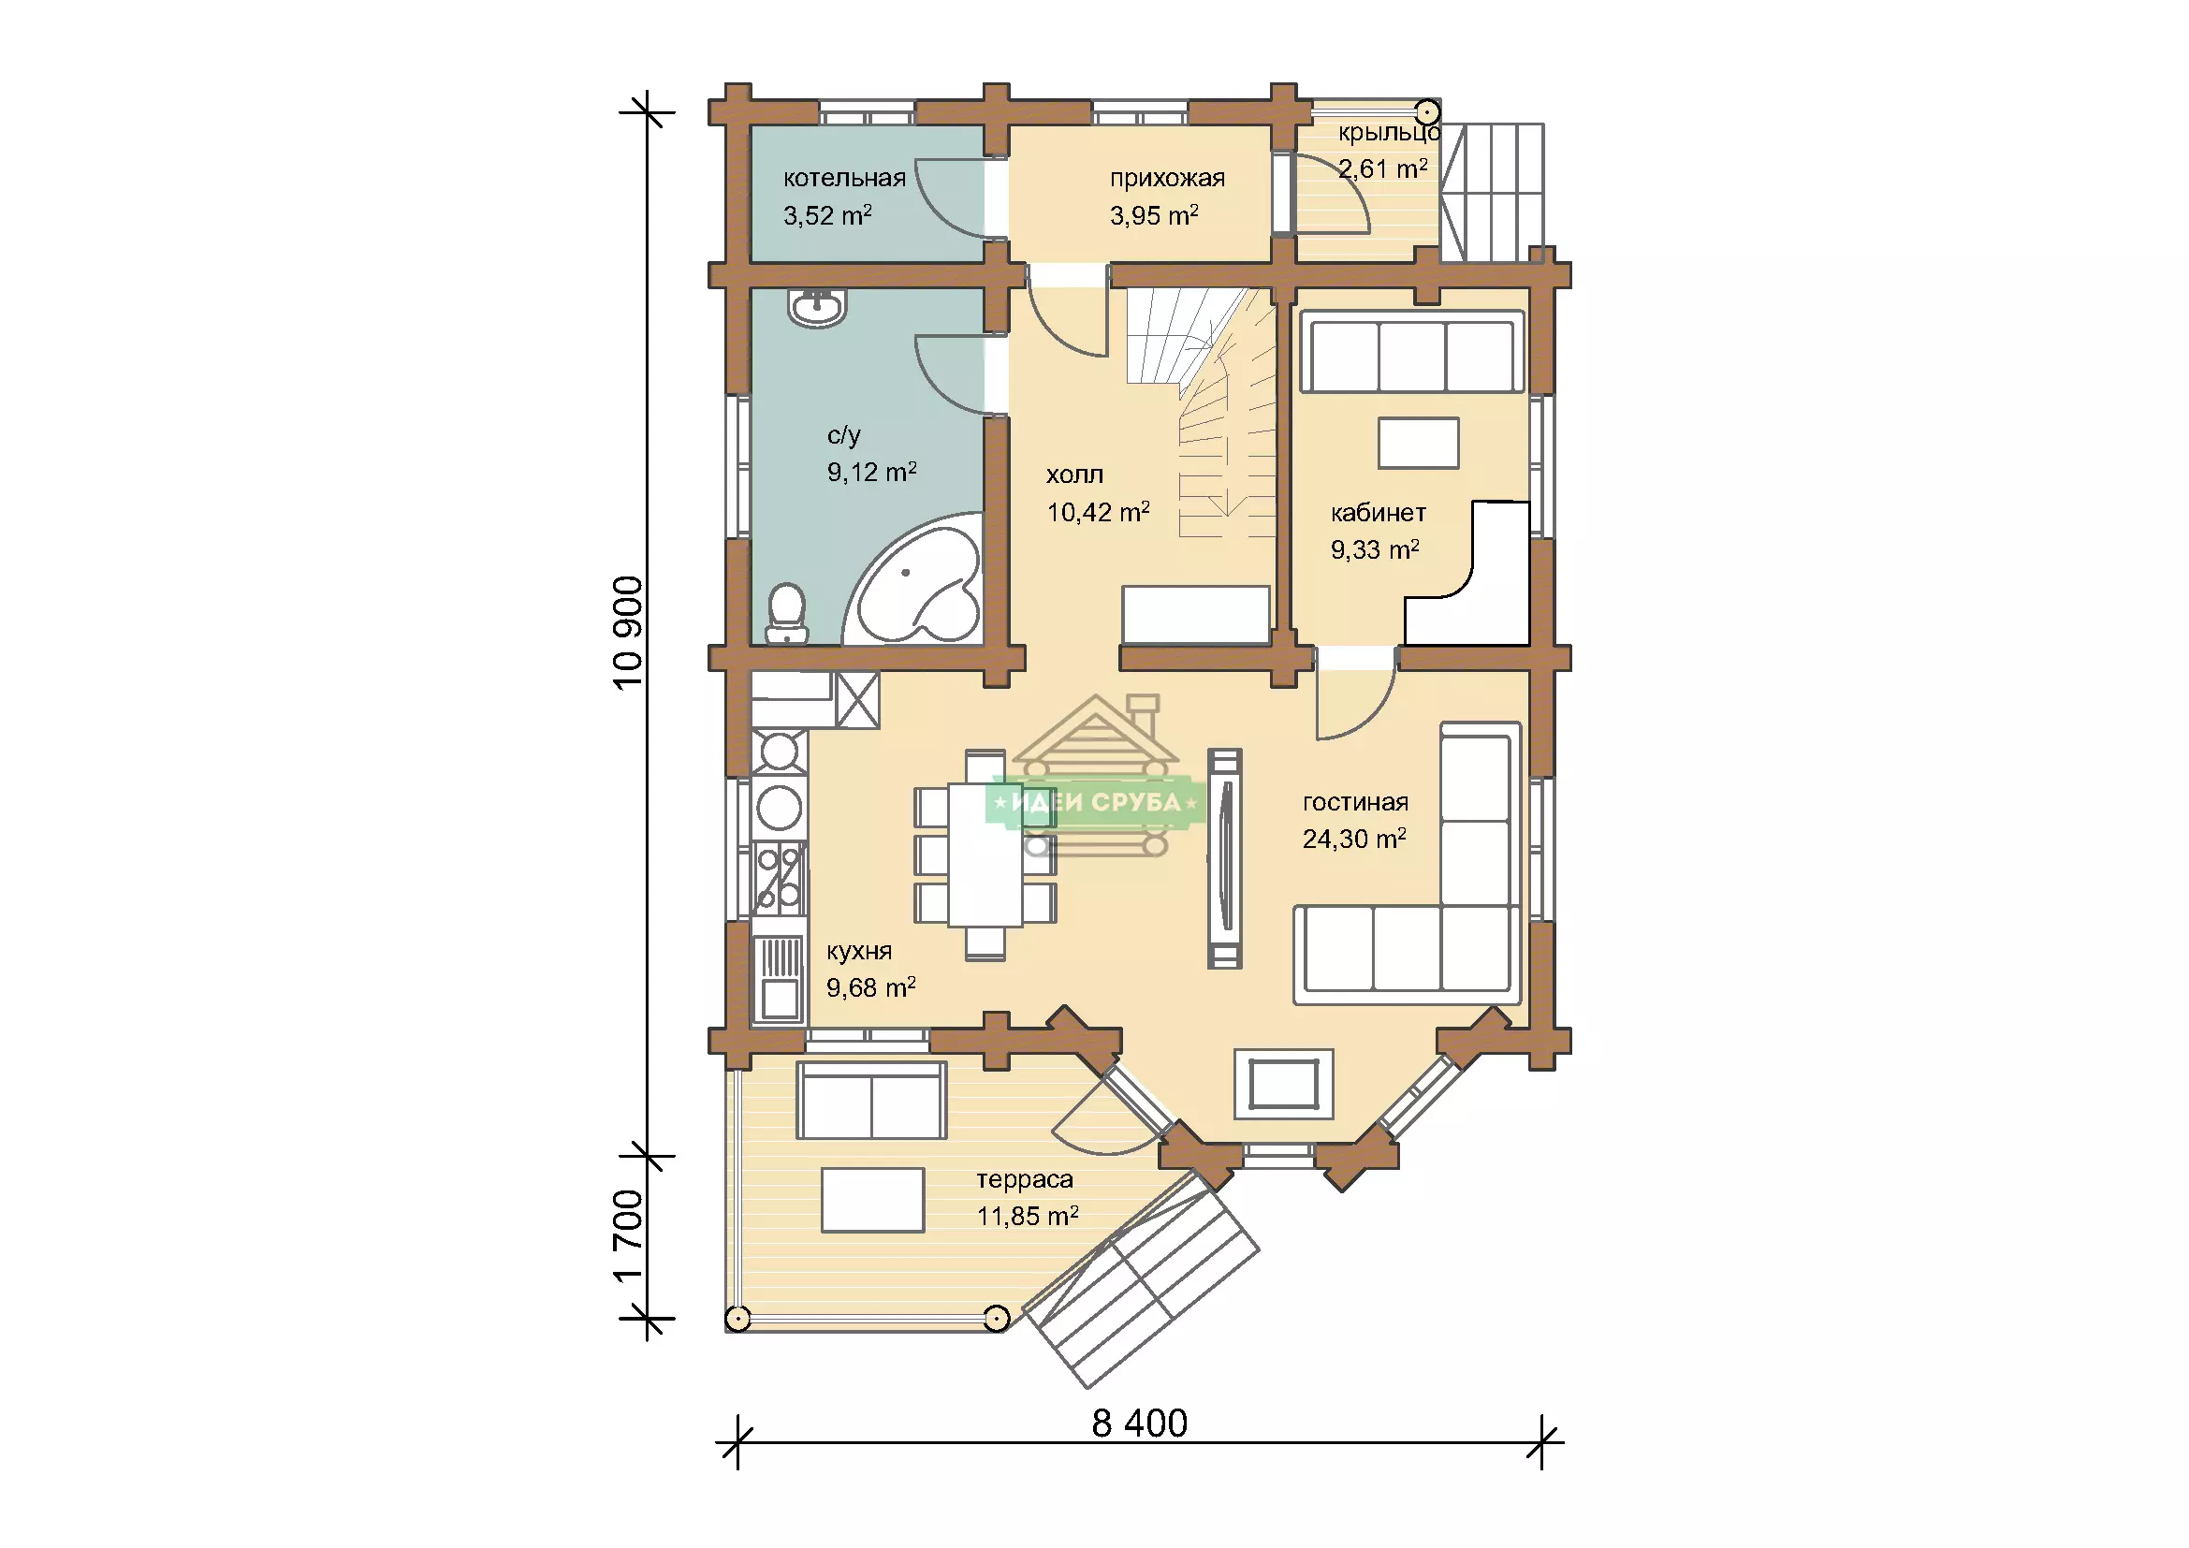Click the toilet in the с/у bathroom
click(787, 612)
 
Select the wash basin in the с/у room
click(817, 308)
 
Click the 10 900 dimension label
click(628, 633)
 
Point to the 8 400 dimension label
click(1139, 1424)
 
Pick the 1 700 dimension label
click(628, 1236)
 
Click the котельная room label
click(844, 178)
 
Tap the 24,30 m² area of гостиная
click(1354, 838)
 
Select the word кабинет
click(1378, 513)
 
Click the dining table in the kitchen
click(985, 855)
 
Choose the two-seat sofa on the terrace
click(871, 1100)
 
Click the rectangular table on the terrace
click(872, 1200)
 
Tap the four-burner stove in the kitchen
click(779, 878)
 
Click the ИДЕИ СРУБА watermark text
click(1096, 803)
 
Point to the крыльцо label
click(1389, 133)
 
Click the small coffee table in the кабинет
click(1418, 444)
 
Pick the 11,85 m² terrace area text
click(1027, 1217)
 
